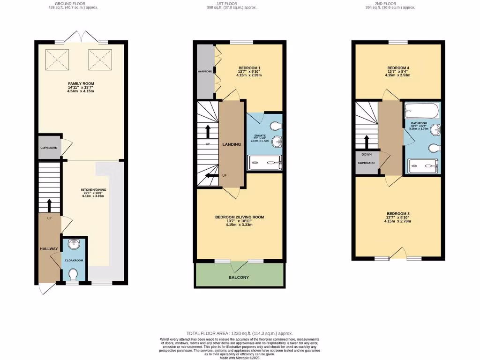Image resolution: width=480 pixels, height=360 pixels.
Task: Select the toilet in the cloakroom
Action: tap(74, 273)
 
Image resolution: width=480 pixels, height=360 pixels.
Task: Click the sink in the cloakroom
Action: tap(74, 244)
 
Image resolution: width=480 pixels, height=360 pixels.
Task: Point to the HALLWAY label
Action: tap(48, 249)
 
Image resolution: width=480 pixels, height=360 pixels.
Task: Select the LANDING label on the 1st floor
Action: tap(232, 144)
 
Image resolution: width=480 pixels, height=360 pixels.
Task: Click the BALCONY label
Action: tap(239, 277)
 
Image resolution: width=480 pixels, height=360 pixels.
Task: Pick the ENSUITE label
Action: tap(260, 136)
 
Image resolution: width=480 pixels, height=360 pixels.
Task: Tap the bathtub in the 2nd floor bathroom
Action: tap(421, 111)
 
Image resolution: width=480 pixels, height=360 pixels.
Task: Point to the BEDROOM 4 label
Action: tap(397, 67)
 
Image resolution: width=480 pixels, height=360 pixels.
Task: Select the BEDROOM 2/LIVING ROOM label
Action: tap(240, 217)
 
